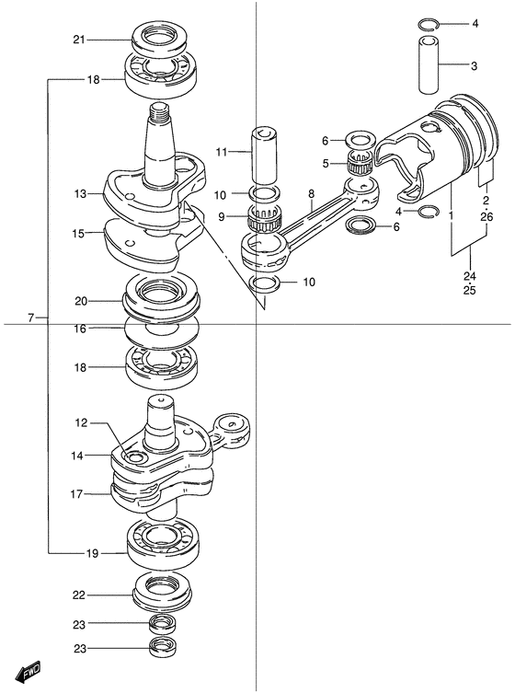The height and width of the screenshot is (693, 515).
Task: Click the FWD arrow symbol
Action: pos(28,671)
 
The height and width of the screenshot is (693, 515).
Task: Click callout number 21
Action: pos(79,40)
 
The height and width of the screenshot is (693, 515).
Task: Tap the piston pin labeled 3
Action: pos(429,65)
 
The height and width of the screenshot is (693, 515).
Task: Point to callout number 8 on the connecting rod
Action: pos(312,193)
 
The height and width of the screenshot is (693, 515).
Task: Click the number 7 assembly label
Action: pos(30,318)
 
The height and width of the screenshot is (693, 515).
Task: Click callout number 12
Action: pos(82,423)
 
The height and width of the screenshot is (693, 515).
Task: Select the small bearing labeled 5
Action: pos(360,163)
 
